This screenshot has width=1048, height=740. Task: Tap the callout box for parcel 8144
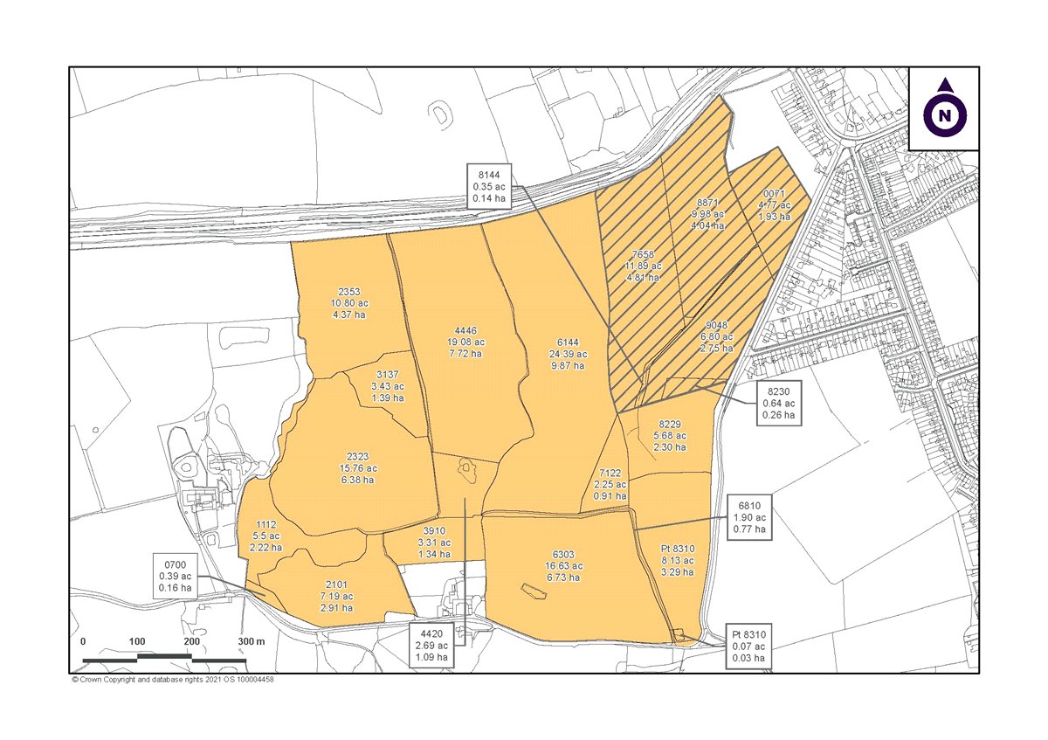pos(489,185)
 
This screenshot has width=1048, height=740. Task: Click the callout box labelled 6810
pos(749,515)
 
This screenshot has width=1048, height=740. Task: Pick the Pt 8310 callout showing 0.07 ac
pos(749,646)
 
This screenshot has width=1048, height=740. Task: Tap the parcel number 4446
pos(465,332)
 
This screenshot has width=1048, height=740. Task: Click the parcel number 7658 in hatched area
pos(643,253)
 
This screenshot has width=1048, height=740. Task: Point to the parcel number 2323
pos(358,457)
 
